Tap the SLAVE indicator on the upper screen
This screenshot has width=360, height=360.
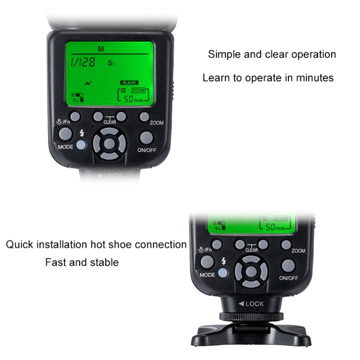(129, 83)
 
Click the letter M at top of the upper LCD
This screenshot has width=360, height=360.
(101, 49)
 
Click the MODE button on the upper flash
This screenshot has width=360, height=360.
(66, 134)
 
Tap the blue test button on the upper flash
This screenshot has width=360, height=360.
(81, 145)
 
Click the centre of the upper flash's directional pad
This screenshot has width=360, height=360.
(109, 143)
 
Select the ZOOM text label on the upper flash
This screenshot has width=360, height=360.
(156, 123)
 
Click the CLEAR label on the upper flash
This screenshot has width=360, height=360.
(110, 122)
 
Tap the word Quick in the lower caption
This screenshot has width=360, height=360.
(19, 245)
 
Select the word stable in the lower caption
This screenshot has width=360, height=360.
(105, 263)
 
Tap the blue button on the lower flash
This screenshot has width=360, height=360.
(223, 273)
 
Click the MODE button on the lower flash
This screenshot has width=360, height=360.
(207, 262)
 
